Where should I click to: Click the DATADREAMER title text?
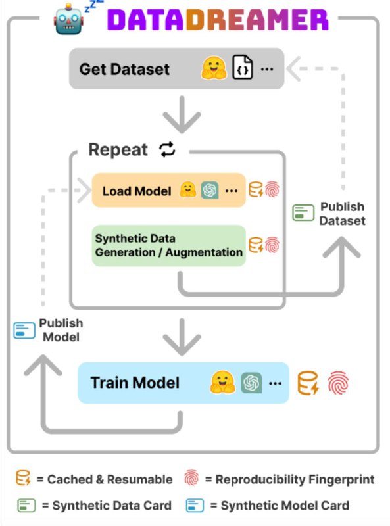(218, 20)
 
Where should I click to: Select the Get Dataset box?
(176, 69)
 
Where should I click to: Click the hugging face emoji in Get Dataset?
(214, 68)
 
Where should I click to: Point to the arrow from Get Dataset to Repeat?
(182, 114)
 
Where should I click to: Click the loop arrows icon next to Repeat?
(168, 149)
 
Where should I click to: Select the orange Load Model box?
(169, 190)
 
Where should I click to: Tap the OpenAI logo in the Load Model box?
(210, 190)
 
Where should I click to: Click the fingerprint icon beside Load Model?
(272, 189)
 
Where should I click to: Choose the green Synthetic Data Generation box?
(169, 245)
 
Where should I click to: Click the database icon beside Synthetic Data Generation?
(256, 245)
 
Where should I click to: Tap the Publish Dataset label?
(342, 214)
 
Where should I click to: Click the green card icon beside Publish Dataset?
(303, 212)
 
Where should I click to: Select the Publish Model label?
(61, 330)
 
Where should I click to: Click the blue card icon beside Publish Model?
(24, 331)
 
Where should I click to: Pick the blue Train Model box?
(183, 383)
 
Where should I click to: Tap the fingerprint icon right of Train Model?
(338, 383)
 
